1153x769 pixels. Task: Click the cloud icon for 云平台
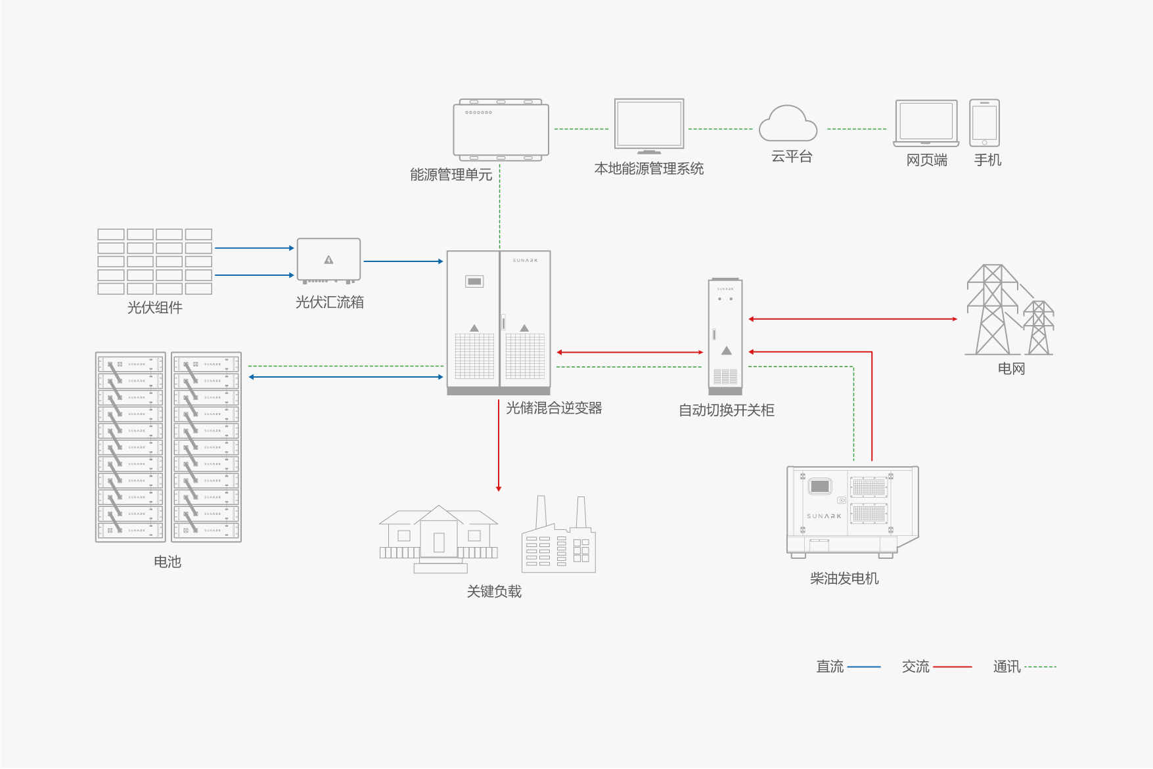pos(788,124)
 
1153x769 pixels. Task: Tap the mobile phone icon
pos(984,123)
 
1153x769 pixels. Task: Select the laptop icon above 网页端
pos(926,123)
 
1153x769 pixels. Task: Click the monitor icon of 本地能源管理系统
pos(649,125)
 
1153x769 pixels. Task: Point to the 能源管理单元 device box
pos(501,130)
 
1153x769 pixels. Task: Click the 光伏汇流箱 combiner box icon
pos(328,261)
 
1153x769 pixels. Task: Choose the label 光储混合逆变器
pos(554,408)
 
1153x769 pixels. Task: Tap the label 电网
pos(1011,368)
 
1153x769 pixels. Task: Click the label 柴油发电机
pos(844,578)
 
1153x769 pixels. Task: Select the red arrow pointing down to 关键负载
pos(499,447)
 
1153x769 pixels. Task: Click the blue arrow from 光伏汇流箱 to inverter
pos(403,261)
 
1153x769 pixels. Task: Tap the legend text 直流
pos(830,667)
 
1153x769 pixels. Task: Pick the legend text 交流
pos(915,667)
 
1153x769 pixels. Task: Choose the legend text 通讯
pos(1006,667)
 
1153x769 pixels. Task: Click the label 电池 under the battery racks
pos(168,561)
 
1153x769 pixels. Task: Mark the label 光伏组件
pos(154,307)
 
